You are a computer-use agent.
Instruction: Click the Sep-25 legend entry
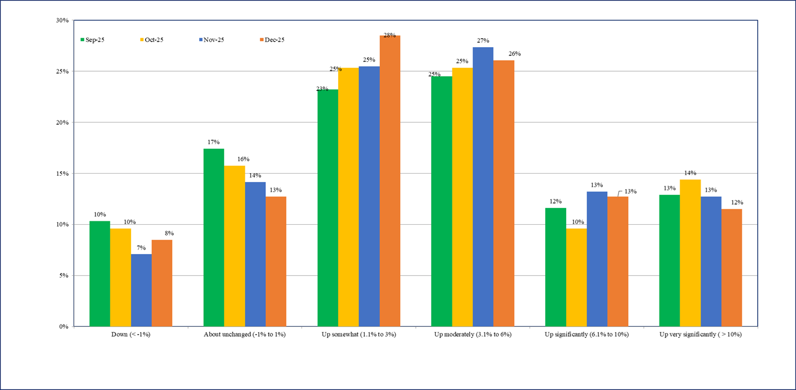(93, 40)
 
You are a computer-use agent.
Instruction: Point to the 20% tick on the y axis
(62, 123)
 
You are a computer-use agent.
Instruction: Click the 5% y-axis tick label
(63, 276)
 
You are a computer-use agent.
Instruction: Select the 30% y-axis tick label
(62, 21)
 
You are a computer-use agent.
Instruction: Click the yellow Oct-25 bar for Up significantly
(576, 277)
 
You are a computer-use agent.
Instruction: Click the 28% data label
(390, 36)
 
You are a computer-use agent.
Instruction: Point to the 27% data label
(483, 40)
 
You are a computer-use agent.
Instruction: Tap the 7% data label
(141, 248)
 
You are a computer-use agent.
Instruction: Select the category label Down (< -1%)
(131, 335)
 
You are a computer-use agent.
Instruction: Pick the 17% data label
(214, 142)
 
